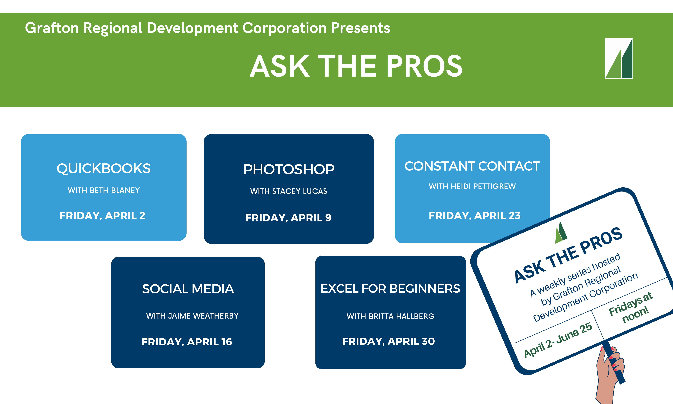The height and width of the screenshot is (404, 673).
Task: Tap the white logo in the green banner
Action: click(619, 58)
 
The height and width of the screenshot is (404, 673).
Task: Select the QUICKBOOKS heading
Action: click(104, 169)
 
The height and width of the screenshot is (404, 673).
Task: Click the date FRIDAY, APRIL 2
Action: click(103, 216)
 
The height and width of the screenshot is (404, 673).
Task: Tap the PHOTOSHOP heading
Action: click(289, 169)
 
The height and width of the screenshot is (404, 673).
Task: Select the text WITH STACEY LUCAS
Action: click(289, 191)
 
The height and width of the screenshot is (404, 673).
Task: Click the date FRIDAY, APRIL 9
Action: click(288, 218)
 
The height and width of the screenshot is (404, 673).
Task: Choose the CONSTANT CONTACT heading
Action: click(472, 166)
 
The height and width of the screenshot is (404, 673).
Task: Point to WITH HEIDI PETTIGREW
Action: click(472, 186)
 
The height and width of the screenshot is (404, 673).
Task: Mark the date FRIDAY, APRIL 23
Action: click(475, 216)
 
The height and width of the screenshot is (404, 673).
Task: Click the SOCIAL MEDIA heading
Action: click(188, 289)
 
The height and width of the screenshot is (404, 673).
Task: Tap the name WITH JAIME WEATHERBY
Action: click(192, 316)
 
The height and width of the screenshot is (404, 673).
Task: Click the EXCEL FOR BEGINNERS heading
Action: click(390, 289)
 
